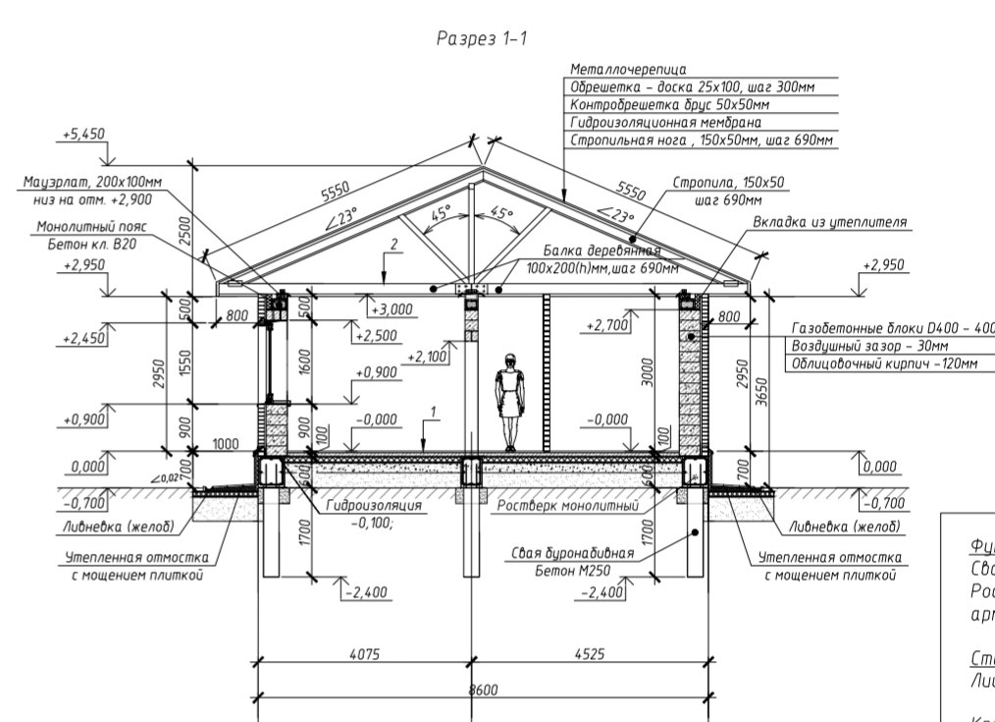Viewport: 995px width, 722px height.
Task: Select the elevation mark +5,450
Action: (x=82, y=135)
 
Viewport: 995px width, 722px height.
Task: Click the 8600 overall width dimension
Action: (x=483, y=690)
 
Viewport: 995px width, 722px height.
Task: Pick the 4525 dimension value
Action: (x=588, y=653)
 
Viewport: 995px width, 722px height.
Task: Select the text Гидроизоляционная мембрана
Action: (x=665, y=123)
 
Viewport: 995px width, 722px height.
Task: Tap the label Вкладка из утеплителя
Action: (x=829, y=223)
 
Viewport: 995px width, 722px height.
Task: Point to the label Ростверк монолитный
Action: (x=568, y=506)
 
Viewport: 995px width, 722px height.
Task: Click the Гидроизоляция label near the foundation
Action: (x=374, y=506)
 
